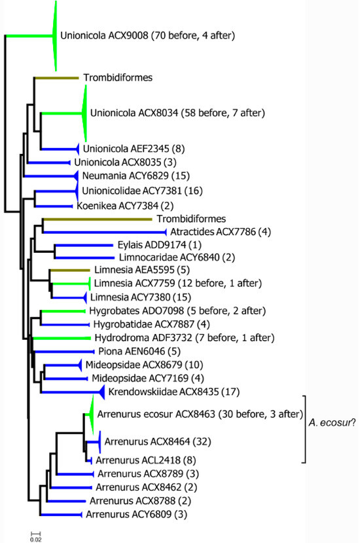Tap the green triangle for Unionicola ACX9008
point(55,36)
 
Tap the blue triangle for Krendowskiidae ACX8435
point(101,392)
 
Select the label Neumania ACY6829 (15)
point(124,176)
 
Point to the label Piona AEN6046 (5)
point(110,351)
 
